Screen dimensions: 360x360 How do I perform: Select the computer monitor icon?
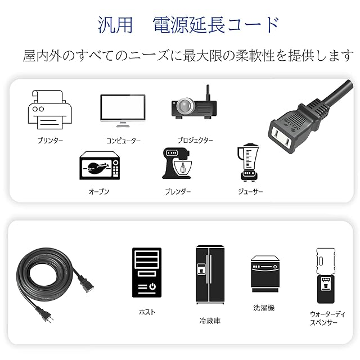click(x=123, y=109)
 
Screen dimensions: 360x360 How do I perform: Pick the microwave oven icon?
click(x=100, y=165)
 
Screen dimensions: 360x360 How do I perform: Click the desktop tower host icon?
click(x=146, y=273)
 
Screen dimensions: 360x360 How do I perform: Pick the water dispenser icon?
click(x=324, y=276)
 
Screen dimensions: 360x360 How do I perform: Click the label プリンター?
click(x=50, y=140)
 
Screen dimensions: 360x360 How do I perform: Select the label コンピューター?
click(x=124, y=141)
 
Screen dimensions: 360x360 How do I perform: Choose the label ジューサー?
click(x=250, y=191)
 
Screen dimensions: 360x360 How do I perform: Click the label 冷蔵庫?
click(x=210, y=321)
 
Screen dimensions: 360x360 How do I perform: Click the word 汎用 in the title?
click(x=116, y=25)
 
